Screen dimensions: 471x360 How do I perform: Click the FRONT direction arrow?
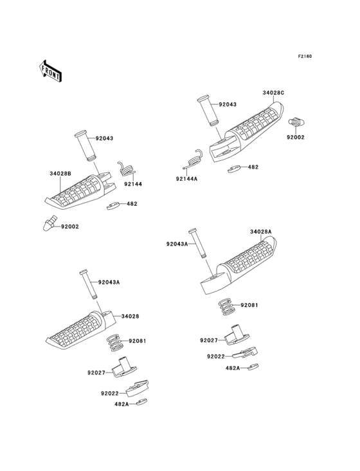pyautogui.click(x=51, y=70)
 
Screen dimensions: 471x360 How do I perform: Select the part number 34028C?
pyautogui.click(x=273, y=93)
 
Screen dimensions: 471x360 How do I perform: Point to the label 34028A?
pyautogui.click(x=260, y=232)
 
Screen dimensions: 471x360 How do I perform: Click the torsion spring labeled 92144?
pyautogui.click(x=126, y=169)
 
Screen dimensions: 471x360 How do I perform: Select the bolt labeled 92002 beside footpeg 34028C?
pyautogui.click(x=298, y=120)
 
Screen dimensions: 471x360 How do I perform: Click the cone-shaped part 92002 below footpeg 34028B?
pyautogui.click(x=47, y=225)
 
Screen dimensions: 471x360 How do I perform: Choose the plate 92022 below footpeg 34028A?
pyautogui.click(x=246, y=353)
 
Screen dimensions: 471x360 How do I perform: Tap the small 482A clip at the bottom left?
pyautogui.click(x=143, y=403)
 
